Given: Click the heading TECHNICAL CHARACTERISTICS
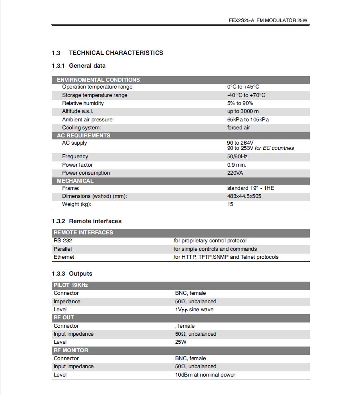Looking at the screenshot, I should pos(116,53).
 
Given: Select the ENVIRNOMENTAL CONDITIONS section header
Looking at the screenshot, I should pos(98,80).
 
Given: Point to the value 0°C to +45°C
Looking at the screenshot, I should pos(243,87).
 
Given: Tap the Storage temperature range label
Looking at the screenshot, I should pos(95,95).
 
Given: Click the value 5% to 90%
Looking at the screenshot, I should pos(240,103).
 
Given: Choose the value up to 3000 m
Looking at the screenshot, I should pos(243,111).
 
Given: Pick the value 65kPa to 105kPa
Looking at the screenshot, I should pos(248,120).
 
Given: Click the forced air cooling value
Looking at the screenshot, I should pos(239,128).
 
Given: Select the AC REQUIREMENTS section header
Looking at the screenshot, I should pos(83,135).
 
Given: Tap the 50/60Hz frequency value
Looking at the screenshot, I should pos(237,157).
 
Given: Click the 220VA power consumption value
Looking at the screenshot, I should pos(235,173).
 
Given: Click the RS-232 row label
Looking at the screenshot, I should pos(63,241).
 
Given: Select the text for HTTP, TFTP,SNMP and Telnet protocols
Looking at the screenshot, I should pos(226,257).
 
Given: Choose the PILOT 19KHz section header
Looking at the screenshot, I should pos(71,285).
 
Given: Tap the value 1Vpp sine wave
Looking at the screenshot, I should pos(194,310).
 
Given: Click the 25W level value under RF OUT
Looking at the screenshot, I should pos(181,342).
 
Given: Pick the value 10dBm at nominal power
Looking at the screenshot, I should pos(205,375).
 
